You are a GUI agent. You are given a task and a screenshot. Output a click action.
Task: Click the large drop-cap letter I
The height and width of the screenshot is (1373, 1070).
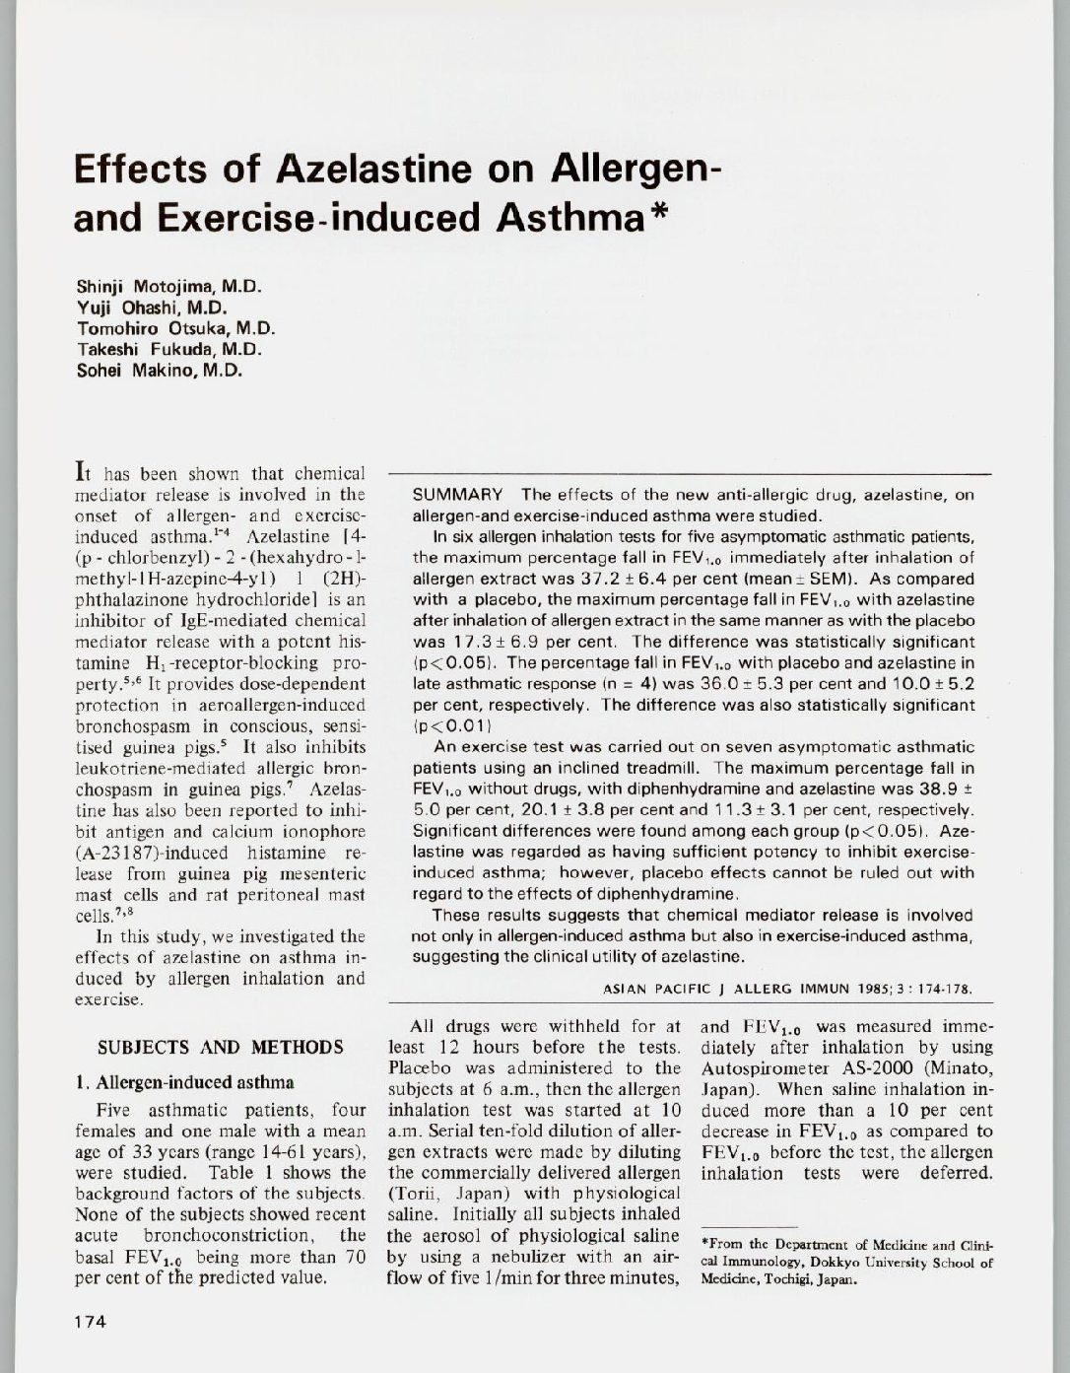[x=81, y=472]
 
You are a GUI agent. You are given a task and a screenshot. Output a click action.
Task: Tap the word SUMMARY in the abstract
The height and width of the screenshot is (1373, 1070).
[x=456, y=495]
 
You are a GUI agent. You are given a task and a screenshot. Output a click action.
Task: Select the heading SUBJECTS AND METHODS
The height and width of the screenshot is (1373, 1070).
[x=221, y=1047]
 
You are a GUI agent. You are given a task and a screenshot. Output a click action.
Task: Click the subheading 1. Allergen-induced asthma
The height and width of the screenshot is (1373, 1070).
[x=184, y=1082]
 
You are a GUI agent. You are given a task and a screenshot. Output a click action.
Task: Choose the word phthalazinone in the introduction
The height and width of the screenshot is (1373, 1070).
[x=125, y=599]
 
